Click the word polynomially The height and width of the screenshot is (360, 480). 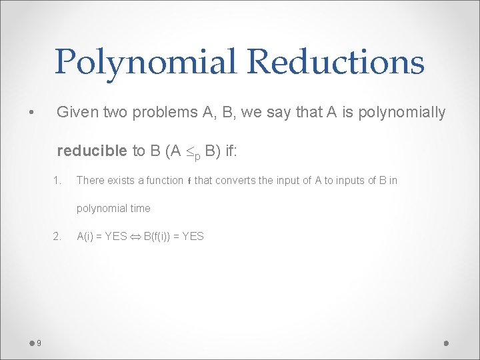pyautogui.click(x=401, y=112)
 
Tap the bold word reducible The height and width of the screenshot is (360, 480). pyautogui.click(x=91, y=151)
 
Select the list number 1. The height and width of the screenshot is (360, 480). pyautogui.click(x=57, y=180)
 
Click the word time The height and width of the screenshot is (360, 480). pyautogui.click(x=140, y=208)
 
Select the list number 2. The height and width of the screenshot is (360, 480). pyautogui.click(x=57, y=236)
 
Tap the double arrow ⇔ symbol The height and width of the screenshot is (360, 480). pyautogui.click(x=135, y=236)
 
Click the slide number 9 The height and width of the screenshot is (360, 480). pyautogui.click(x=39, y=343)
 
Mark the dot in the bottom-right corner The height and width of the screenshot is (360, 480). pyautogui.click(x=446, y=343)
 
